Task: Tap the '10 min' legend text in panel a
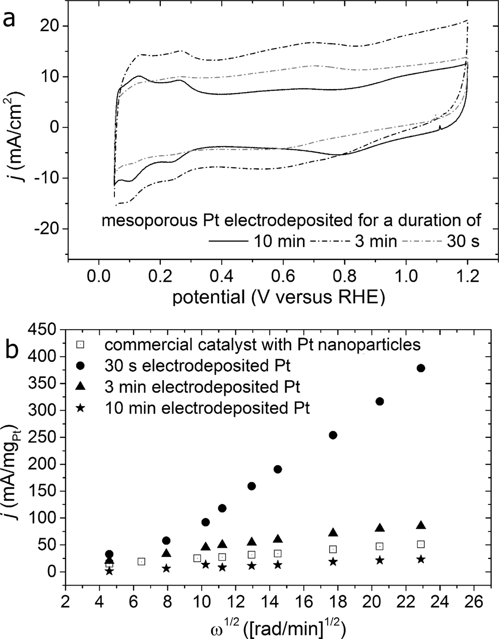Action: pyautogui.click(x=277, y=241)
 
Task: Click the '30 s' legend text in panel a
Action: pyautogui.click(x=462, y=241)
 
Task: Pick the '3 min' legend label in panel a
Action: pyautogui.click(x=375, y=241)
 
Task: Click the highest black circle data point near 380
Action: pyautogui.click(x=421, y=368)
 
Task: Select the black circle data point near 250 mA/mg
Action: pyautogui.click(x=333, y=435)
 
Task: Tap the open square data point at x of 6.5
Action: pyautogui.click(x=142, y=561)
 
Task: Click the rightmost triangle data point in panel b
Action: pyautogui.click(x=421, y=526)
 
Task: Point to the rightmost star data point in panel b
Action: pyautogui.click(x=421, y=559)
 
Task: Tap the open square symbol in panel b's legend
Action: pyautogui.click(x=80, y=345)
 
